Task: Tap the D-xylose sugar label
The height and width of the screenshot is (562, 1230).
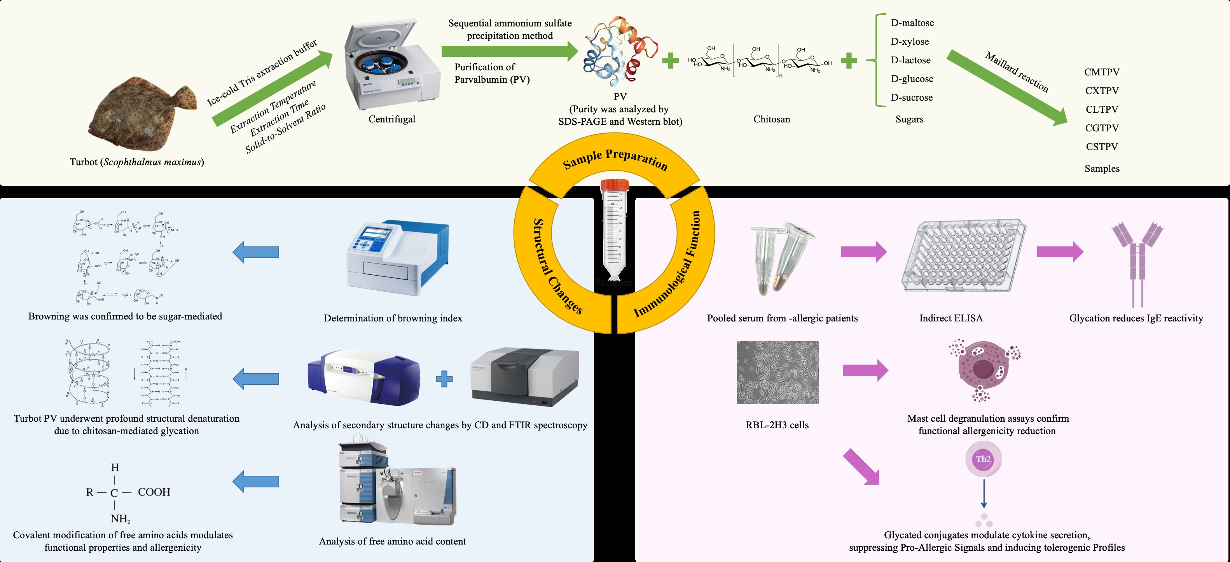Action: point(910,42)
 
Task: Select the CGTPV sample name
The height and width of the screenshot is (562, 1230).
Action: point(1102,128)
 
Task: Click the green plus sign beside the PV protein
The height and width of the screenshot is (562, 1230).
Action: point(670,61)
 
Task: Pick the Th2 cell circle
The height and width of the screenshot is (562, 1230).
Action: point(983,459)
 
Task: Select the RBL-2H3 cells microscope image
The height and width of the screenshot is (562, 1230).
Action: point(777,372)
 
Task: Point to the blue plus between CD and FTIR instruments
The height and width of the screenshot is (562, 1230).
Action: point(444,379)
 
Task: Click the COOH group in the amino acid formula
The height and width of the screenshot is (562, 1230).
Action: point(154,492)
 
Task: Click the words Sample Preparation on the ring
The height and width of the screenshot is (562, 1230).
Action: point(615,159)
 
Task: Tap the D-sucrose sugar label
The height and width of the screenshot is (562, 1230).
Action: point(912,98)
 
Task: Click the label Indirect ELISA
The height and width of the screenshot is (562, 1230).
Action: point(950,318)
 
